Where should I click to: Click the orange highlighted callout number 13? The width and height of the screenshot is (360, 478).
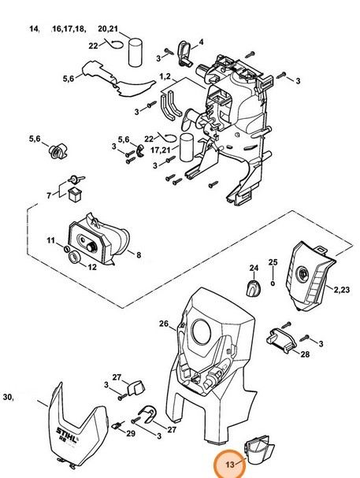click(230, 465)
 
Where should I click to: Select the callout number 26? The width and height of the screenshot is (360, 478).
click(164, 324)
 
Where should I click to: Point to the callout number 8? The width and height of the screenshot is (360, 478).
click(139, 255)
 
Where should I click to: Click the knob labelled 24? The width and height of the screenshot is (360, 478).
click(254, 287)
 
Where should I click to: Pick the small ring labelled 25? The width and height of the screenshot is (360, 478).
click(273, 283)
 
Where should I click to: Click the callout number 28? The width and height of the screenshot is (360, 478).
click(305, 354)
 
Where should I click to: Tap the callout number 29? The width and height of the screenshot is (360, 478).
click(131, 433)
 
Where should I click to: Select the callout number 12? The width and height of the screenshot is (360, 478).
click(92, 267)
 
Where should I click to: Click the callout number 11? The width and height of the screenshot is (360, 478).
click(50, 240)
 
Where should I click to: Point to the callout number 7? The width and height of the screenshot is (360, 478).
click(49, 195)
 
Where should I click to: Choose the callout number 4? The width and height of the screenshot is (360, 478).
click(201, 42)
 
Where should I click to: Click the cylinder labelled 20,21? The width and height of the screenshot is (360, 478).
click(135, 52)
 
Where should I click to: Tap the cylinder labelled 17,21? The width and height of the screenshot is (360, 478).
click(186, 147)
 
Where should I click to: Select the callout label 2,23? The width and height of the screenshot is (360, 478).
click(342, 289)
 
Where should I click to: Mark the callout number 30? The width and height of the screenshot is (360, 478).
click(8, 397)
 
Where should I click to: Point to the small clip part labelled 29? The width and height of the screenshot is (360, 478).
click(117, 425)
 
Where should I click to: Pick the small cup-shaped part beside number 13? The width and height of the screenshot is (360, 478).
click(259, 449)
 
